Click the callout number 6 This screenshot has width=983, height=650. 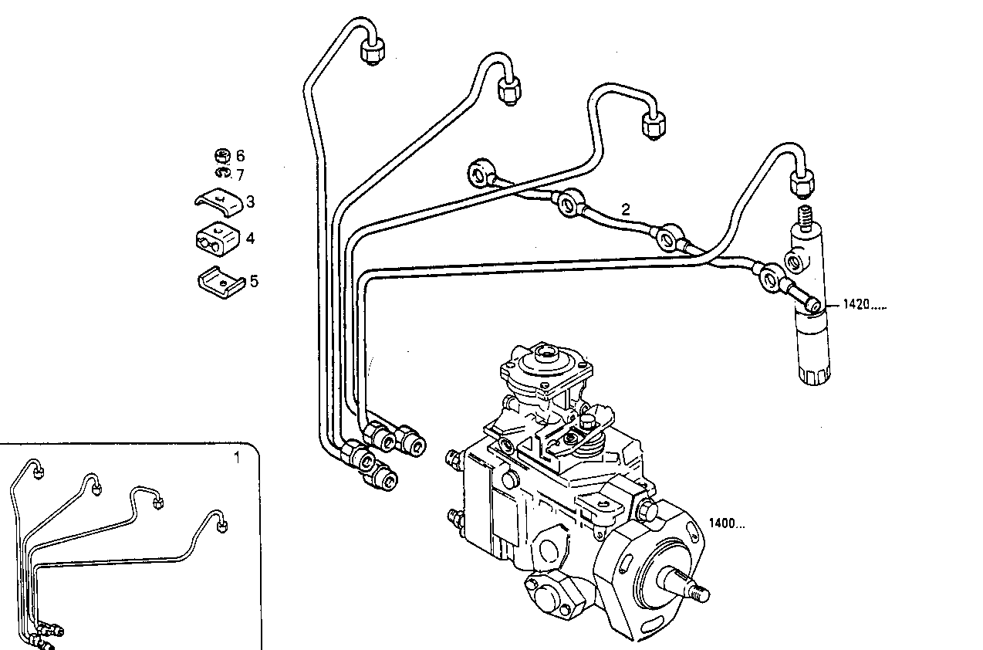coord(240,156)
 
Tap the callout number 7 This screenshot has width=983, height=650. coord(240,175)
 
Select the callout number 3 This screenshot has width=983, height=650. coord(249,202)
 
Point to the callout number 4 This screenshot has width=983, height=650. coord(250,239)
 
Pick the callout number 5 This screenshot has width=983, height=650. coord(254,281)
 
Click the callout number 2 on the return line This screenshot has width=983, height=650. coord(626,209)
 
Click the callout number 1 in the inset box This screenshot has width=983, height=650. coord(237,457)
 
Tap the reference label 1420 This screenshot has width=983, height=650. coord(863,305)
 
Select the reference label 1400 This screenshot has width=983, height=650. coord(727,523)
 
